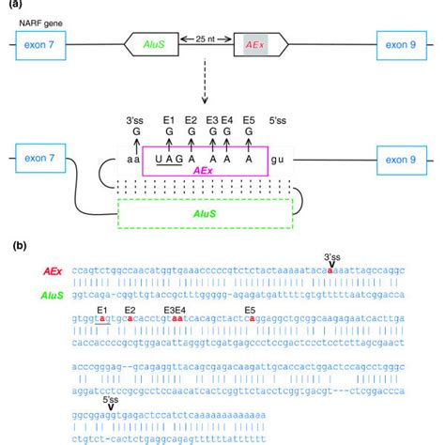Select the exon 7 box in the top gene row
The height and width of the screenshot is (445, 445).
[39, 44]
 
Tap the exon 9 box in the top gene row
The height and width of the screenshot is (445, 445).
[405, 44]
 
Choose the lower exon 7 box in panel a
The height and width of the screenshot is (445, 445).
[39, 157]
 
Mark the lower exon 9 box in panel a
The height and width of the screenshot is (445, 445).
[405, 157]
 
